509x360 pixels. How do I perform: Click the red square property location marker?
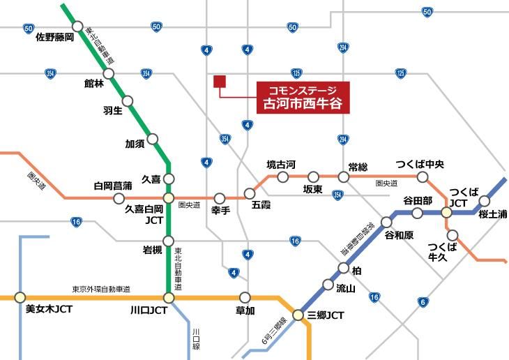click(220, 82)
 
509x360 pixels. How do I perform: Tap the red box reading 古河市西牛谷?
click(302, 97)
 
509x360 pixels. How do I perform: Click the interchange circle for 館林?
click(108, 73)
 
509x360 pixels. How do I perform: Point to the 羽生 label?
click(113, 110)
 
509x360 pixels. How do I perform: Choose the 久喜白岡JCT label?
click(144, 214)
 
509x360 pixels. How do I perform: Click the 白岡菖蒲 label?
click(113, 186)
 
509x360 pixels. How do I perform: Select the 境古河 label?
click(282, 165)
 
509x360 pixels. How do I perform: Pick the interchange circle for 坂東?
click(312, 177)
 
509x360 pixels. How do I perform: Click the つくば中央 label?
click(420, 164)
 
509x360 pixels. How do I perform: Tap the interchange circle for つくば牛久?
click(453, 234)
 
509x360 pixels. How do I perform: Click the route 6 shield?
click(423, 301)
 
